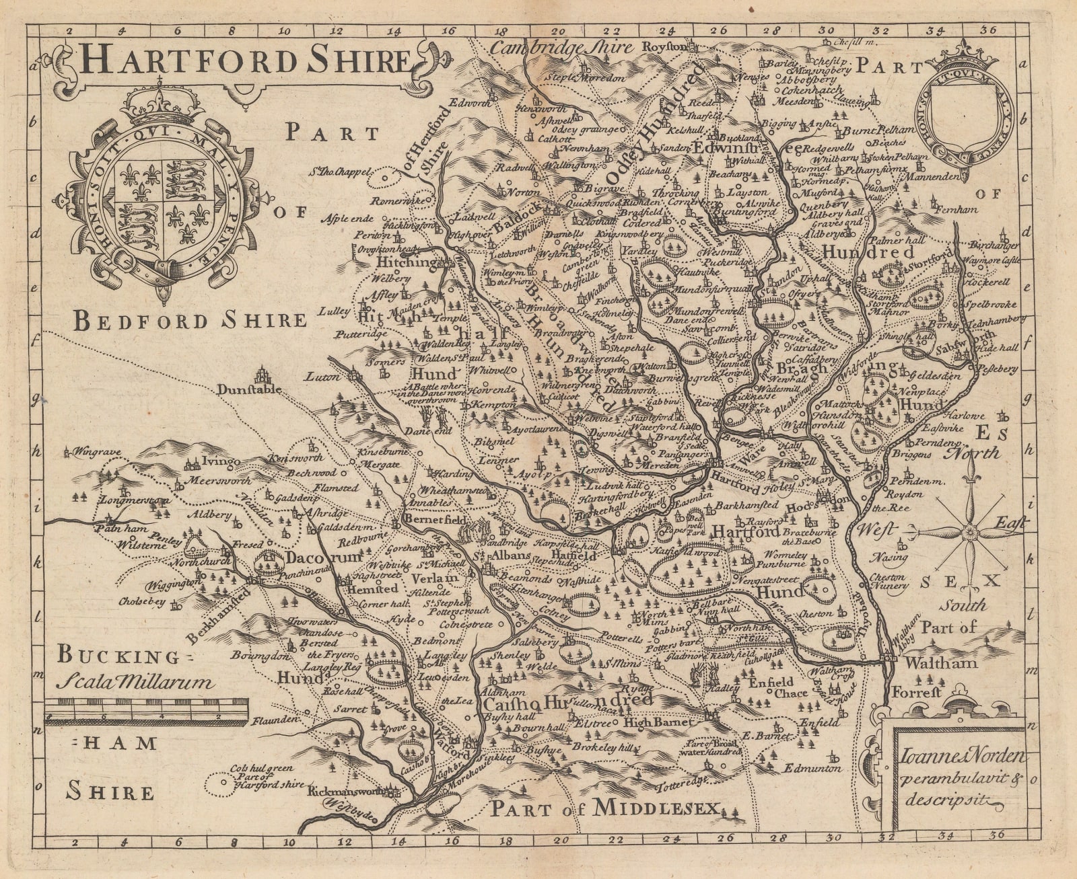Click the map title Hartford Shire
pyautogui.click(x=244, y=61)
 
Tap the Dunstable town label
pyautogui.click(x=246, y=389)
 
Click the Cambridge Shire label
pyautogui.click(x=561, y=47)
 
